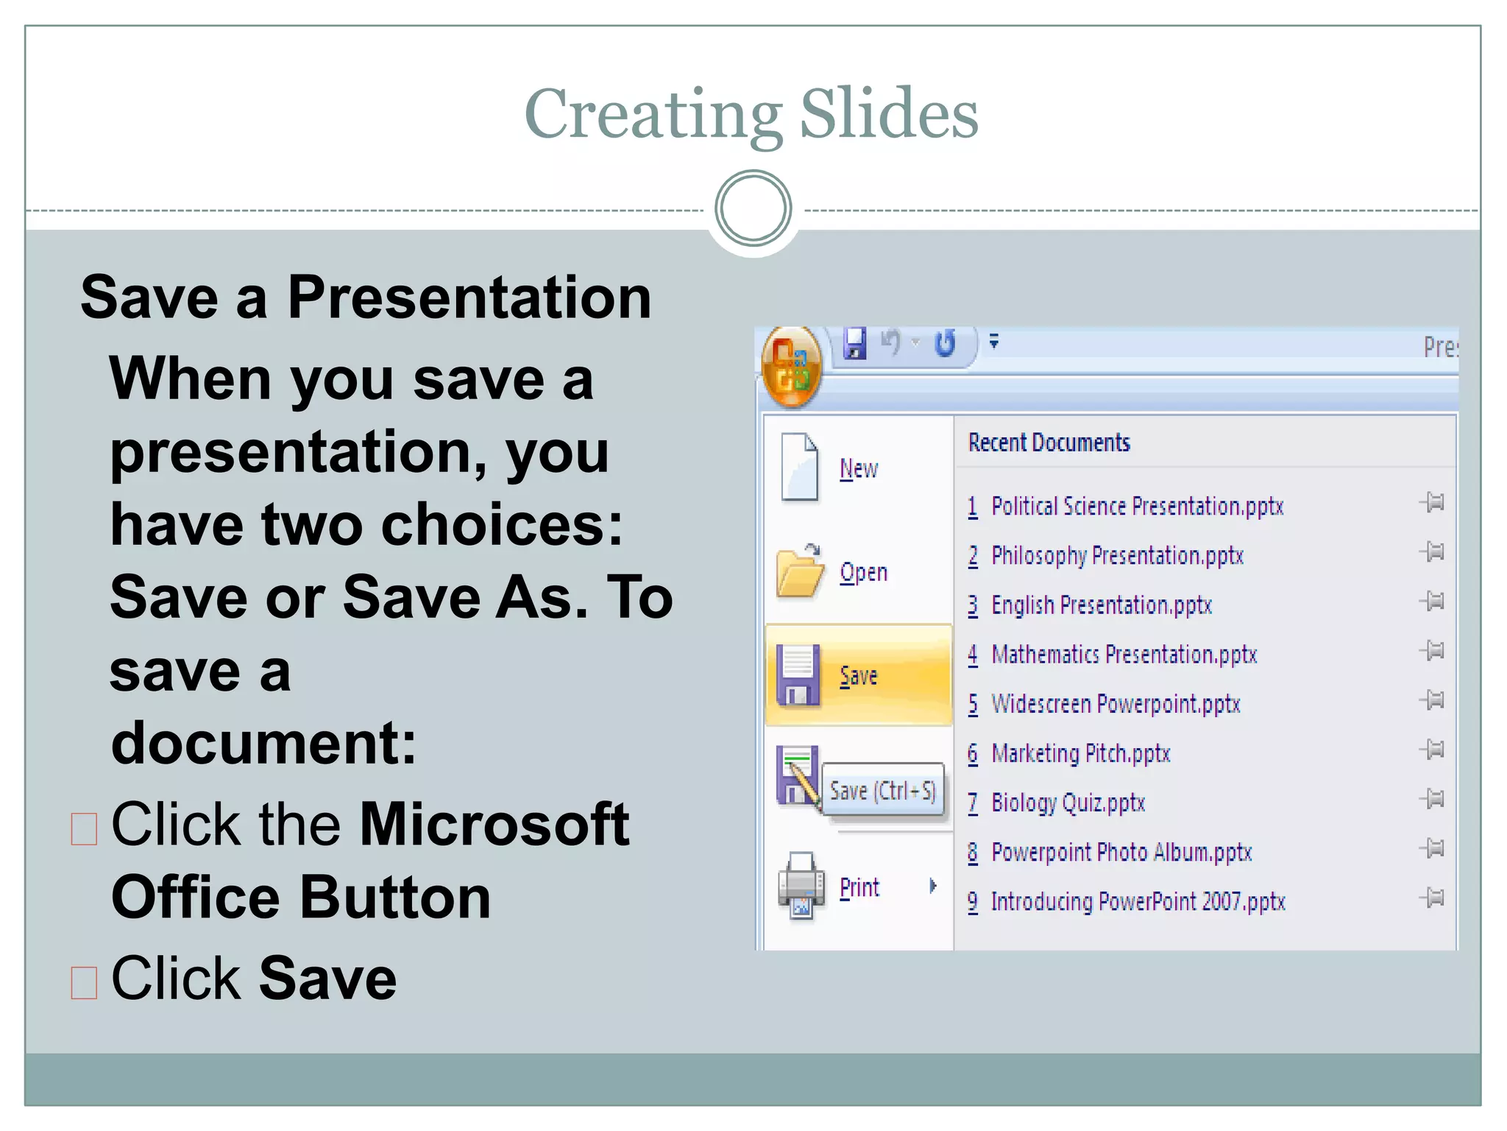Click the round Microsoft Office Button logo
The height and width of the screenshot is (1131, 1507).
click(791, 366)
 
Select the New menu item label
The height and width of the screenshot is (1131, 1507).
click(859, 469)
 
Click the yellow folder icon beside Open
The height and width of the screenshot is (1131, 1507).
click(799, 572)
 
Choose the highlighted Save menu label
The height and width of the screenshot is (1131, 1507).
click(859, 676)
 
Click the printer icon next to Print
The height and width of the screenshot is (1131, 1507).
click(801, 885)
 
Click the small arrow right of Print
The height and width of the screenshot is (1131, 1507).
click(933, 886)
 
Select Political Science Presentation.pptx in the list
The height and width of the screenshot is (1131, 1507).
click(1137, 507)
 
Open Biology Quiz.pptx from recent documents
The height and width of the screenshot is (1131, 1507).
click(1068, 803)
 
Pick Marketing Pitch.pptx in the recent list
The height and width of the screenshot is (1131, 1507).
click(1080, 753)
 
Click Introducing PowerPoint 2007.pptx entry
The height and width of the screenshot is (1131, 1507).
click(1138, 901)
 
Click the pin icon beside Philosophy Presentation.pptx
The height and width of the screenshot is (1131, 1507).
click(1433, 552)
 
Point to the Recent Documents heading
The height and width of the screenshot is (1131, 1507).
click(1049, 443)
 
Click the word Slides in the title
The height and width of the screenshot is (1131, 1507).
click(888, 114)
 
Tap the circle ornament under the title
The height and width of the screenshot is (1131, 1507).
click(753, 208)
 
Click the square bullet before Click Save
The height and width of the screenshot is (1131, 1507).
click(84, 982)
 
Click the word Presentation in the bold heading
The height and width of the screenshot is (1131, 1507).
click(469, 297)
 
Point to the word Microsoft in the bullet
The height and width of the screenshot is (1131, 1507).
click(494, 825)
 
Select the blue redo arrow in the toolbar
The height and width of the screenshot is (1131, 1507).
click(945, 343)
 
